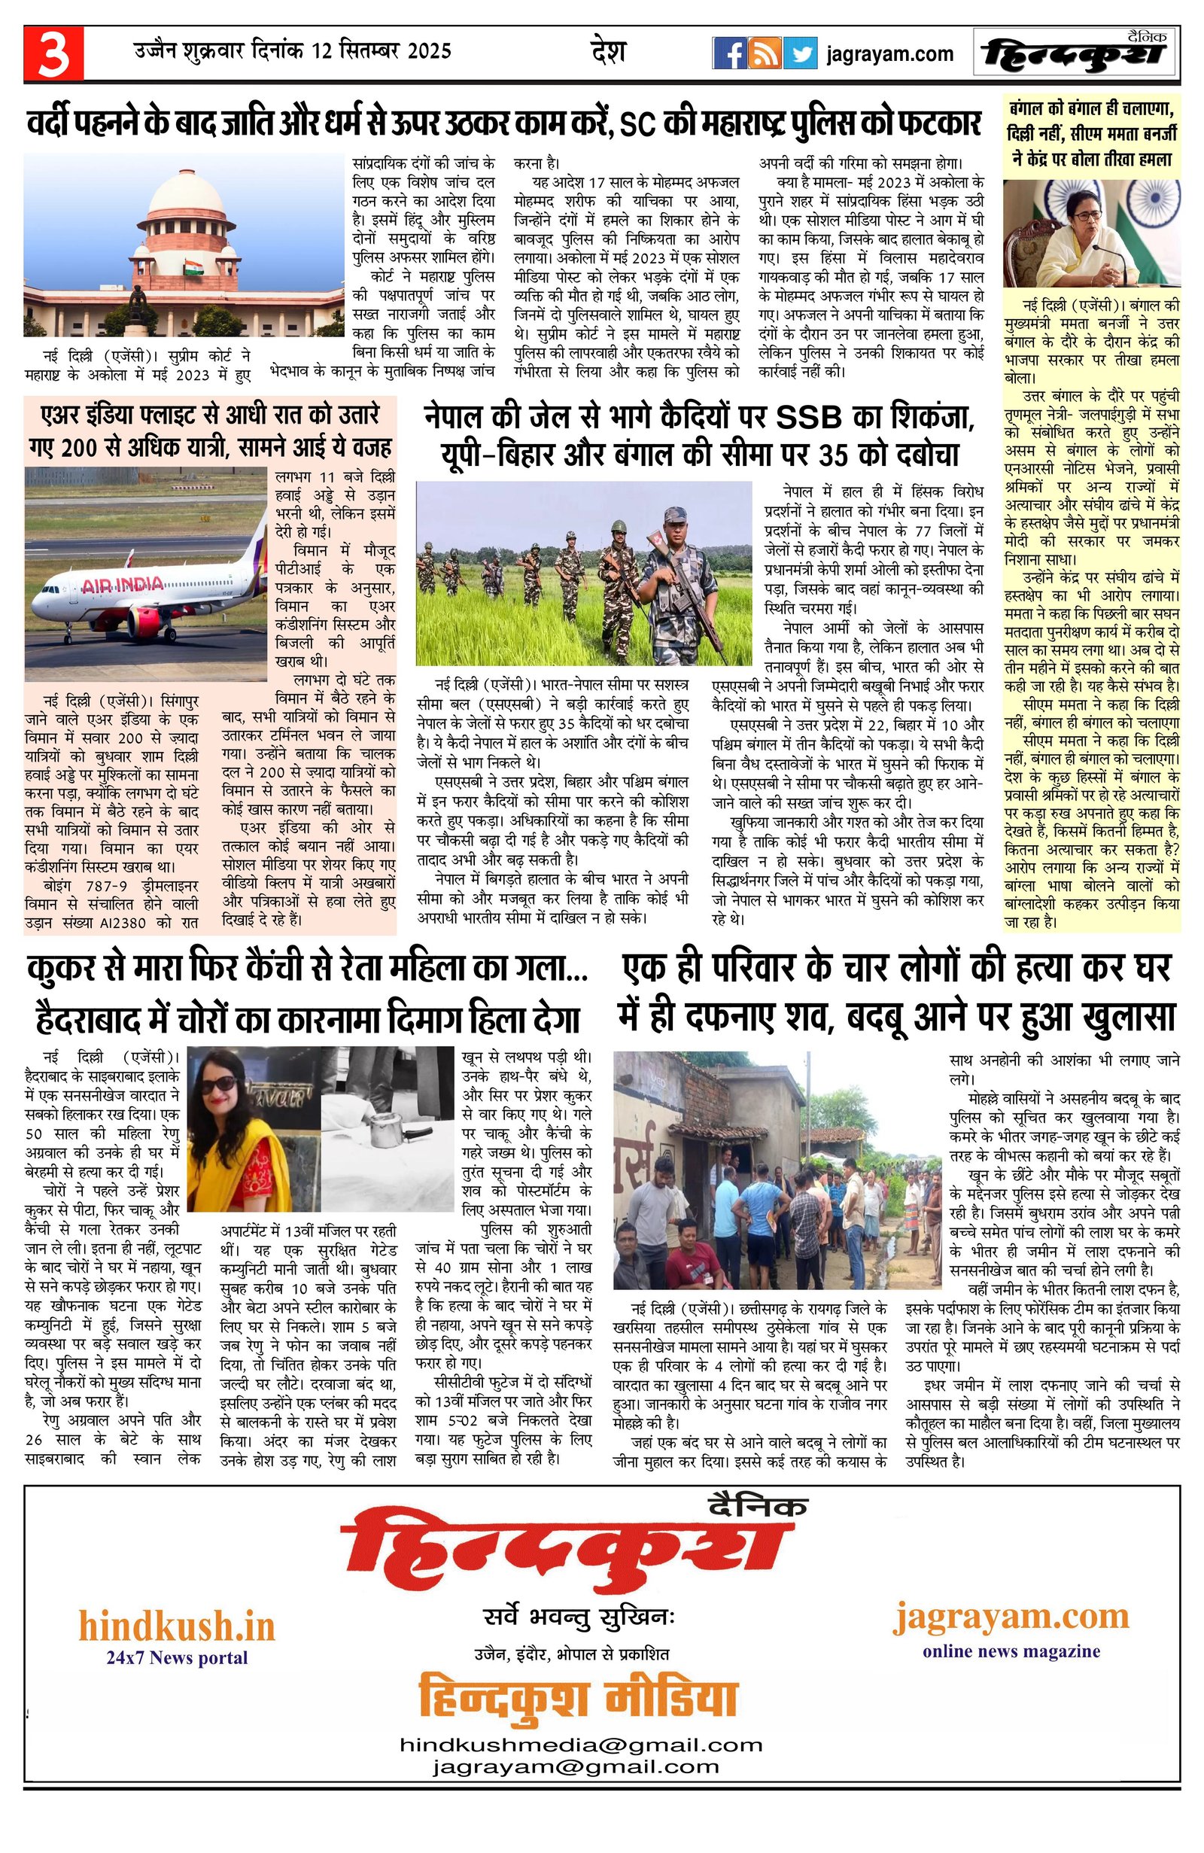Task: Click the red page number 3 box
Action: point(53,53)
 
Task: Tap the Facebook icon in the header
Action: point(730,53)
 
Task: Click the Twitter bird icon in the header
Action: point(800,53)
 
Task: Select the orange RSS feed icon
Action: point(765,53)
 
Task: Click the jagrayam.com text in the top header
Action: point(890,53)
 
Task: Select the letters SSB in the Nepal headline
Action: point(809,418)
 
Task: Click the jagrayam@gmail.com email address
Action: point(576,1789)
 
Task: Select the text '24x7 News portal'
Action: point(177,1657)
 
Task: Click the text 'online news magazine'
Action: point(1011,1648)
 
